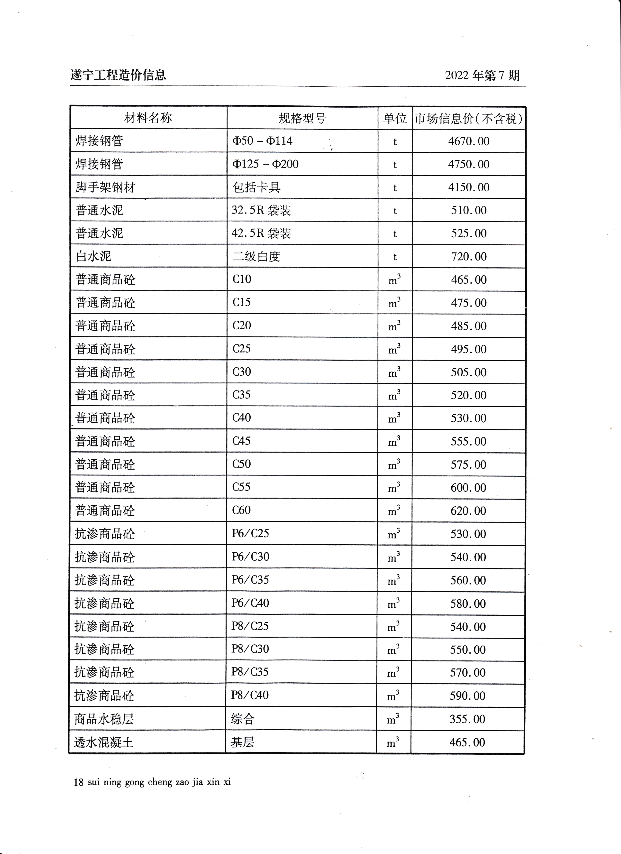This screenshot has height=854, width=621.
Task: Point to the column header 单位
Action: [395, 119]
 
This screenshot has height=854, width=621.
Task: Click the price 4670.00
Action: [469, 141]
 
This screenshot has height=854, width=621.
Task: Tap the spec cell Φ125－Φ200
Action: [265, 164]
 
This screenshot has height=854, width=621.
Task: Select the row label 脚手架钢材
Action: [105, 187]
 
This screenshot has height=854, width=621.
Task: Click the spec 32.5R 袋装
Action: [261, 210]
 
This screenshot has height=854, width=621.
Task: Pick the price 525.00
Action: [469, 233]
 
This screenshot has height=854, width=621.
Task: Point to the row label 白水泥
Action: [93, 256]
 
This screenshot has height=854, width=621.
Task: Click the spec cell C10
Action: [242, 279]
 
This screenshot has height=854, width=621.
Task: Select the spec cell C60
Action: [241, 510]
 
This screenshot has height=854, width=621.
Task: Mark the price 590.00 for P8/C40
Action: [467, 696]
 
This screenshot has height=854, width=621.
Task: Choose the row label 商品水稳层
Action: [104, 719]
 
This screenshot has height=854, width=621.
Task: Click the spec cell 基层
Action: [242, 742]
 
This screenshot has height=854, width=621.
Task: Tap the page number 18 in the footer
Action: [78, 782]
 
